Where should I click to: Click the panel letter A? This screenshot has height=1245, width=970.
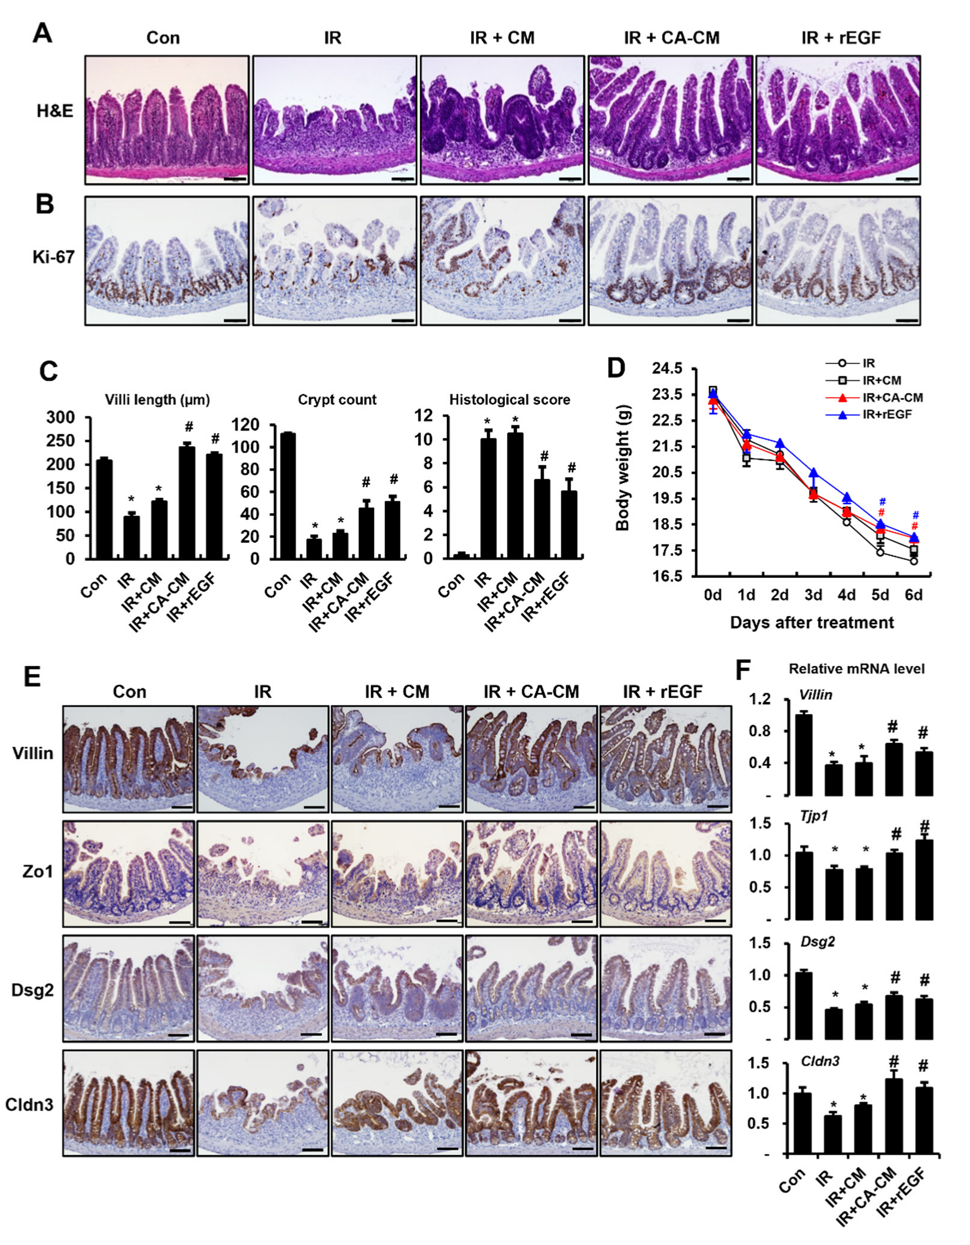coord(42,33)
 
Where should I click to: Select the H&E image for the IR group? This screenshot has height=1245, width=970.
coord(334,120)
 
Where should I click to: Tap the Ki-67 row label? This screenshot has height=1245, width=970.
coord(53,258)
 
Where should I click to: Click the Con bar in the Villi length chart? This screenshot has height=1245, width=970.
coord(105,509)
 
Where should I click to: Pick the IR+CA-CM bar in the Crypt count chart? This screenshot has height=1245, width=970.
coord(366,533)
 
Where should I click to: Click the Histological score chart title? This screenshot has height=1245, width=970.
coord(509,399)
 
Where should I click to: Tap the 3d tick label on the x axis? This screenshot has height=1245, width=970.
coord(813,595)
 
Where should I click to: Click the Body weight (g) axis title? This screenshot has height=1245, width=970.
coord(622,467)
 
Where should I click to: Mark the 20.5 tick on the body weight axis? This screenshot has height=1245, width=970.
coord(667,472)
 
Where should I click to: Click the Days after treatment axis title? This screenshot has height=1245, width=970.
coord(811,623)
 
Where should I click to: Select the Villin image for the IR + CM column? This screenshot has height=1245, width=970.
coord(397,759)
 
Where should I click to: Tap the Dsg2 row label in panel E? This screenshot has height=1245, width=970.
coord(32,990)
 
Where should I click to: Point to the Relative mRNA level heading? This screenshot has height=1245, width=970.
coord(856,669)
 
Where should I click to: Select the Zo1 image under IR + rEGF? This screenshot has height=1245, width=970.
coord(665,874)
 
